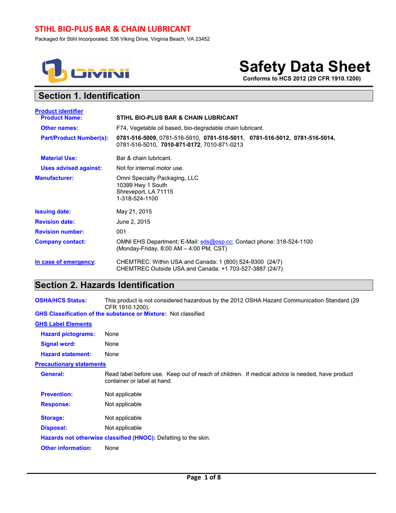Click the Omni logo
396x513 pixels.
tap(85, 71)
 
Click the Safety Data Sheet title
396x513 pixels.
tap(304, 67)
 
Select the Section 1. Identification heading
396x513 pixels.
tap(89, 96)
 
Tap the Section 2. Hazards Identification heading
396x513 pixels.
tap(105, 285)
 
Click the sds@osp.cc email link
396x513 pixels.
tap(216, 241)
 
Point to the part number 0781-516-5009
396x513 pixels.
tap(136, 138)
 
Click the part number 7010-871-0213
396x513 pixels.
tap(223, 145)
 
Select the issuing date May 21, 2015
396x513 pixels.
tap(134, 211)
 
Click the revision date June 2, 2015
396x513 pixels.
tap(133, 221)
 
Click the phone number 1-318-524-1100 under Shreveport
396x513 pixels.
tap(137, 198)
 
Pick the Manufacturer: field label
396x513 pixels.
tap(54, 178)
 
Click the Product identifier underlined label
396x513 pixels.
tap(59, 111)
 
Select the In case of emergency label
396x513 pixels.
tap(65, 262)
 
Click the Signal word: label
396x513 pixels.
tap(58, 344)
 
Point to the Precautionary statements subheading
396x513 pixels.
tap(70, 364)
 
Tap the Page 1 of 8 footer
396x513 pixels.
tap(203, 477)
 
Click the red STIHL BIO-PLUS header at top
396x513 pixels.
tap(113, 29)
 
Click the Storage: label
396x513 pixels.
tap(53, 418)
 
